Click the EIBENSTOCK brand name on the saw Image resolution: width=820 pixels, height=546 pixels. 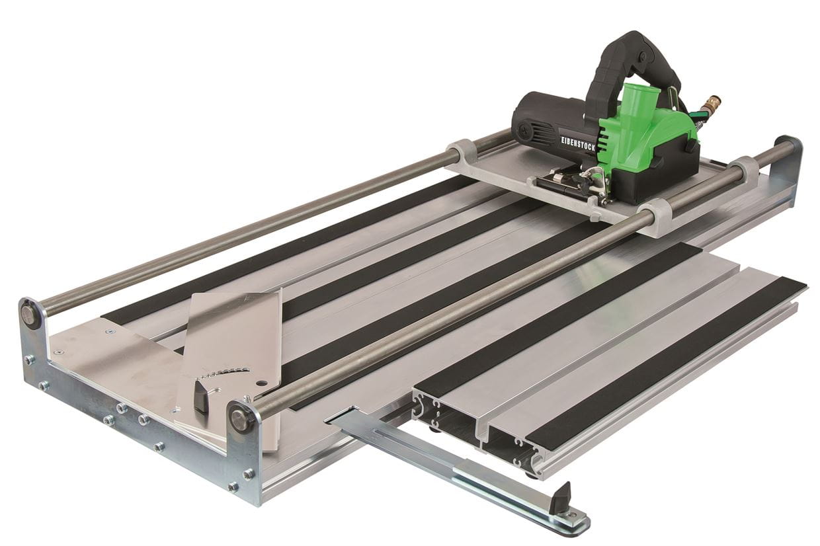(579, 143)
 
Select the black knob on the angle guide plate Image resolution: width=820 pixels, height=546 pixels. (200, 397)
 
